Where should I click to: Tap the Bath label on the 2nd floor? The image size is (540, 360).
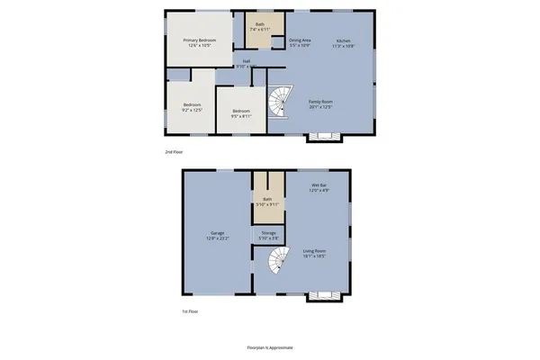point(260,27)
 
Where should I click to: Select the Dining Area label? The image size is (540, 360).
point(300,42)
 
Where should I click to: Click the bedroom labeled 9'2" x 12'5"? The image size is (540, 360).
point(192,107)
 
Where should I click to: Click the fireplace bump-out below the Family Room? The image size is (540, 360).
point(323,138)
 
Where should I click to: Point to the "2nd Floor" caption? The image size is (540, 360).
point(175,152)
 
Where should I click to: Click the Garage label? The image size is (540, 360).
point(217,236)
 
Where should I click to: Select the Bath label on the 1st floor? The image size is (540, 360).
point(267,202)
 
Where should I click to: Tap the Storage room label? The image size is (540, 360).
point(269,235)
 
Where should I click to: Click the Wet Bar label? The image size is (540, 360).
point(319,188)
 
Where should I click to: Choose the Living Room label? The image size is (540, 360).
point(314,253)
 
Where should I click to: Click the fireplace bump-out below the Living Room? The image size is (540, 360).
point(323,296)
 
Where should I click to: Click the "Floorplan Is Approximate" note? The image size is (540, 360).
point(270,346)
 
